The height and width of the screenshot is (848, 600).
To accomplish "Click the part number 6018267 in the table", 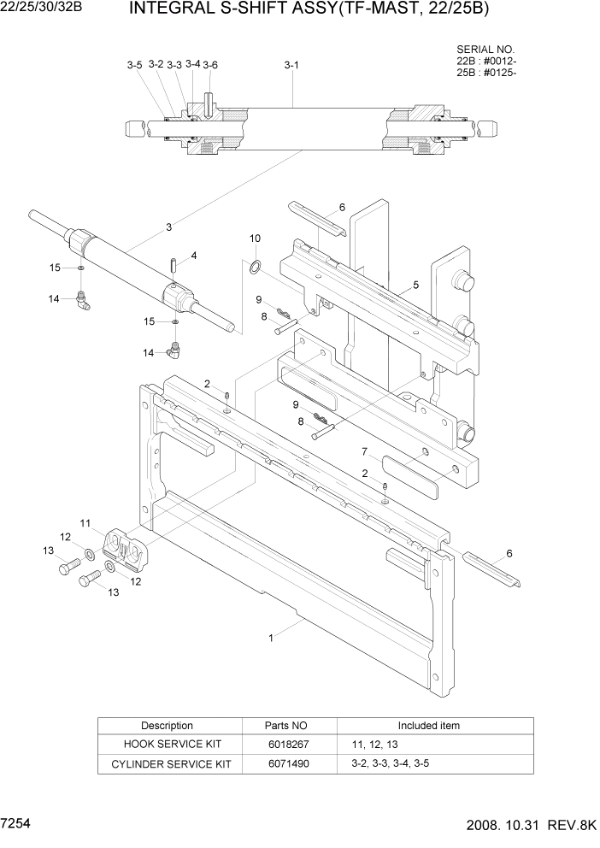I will coord(286,744).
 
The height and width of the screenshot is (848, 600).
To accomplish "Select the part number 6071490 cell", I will coord(286,763).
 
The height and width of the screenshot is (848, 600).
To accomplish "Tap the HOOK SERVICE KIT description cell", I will coord(167,744).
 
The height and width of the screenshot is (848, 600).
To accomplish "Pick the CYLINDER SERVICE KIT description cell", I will coord(167,763).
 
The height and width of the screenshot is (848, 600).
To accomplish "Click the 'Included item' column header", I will coord(428,726).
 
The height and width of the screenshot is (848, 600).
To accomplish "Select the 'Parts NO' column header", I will coord(286,726).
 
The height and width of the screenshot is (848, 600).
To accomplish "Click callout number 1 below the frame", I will coord(271,637).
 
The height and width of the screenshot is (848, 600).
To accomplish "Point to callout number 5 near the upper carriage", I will coord(415,285).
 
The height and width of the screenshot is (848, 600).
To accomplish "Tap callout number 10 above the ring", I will coord(255,238).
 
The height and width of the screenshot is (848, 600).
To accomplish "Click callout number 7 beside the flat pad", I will coord(364,450).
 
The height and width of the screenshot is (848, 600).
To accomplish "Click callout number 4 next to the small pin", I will coord(194,256).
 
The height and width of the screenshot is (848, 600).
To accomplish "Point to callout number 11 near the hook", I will coord(85,522).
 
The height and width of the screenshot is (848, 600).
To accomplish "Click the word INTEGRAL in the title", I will coord(168,9).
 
